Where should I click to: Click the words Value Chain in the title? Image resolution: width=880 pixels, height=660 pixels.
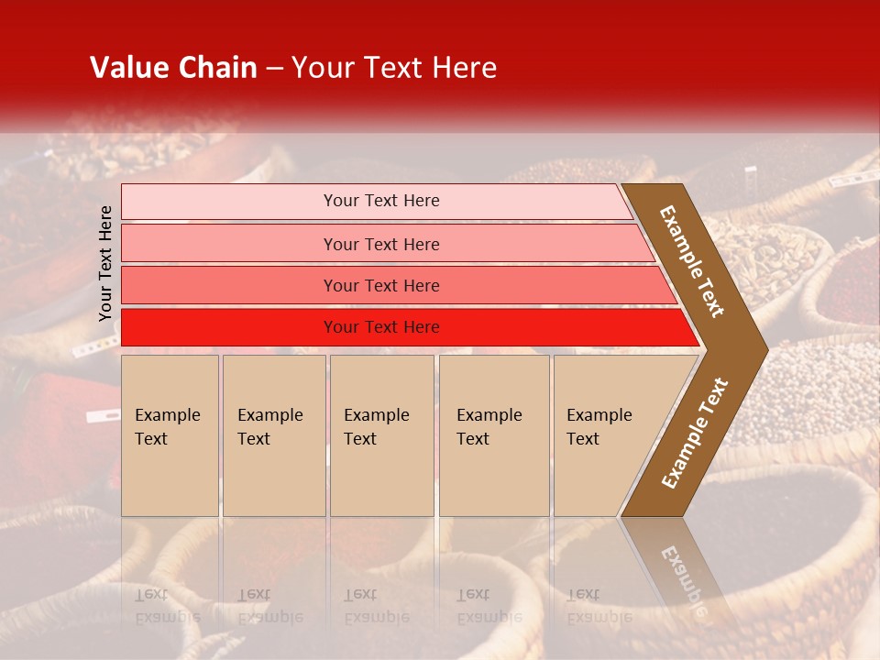[x=173, y=68]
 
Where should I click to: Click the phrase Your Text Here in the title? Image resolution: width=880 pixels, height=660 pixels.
[x=394, y=68]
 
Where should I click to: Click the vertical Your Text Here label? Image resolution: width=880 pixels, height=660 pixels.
[x=105, y=263]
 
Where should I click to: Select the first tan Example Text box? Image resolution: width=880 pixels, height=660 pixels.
[x=170, y=435]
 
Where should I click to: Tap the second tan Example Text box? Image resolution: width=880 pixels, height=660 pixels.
[x=274, y=435]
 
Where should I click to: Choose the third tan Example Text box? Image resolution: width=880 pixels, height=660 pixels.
[x=381, y=435]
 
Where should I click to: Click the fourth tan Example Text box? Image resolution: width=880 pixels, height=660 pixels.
[x=494, y=435]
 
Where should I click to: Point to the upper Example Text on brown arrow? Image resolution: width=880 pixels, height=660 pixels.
[x=692, y=261]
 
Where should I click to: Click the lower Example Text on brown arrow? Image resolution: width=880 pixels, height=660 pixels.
[x=695, y=433]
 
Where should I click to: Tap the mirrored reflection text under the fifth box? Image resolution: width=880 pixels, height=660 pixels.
[x=598, y=606]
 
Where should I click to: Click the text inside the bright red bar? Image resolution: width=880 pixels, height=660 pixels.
[x=381, y=327]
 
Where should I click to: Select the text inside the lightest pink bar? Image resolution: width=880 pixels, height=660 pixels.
[x=381, y=201]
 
